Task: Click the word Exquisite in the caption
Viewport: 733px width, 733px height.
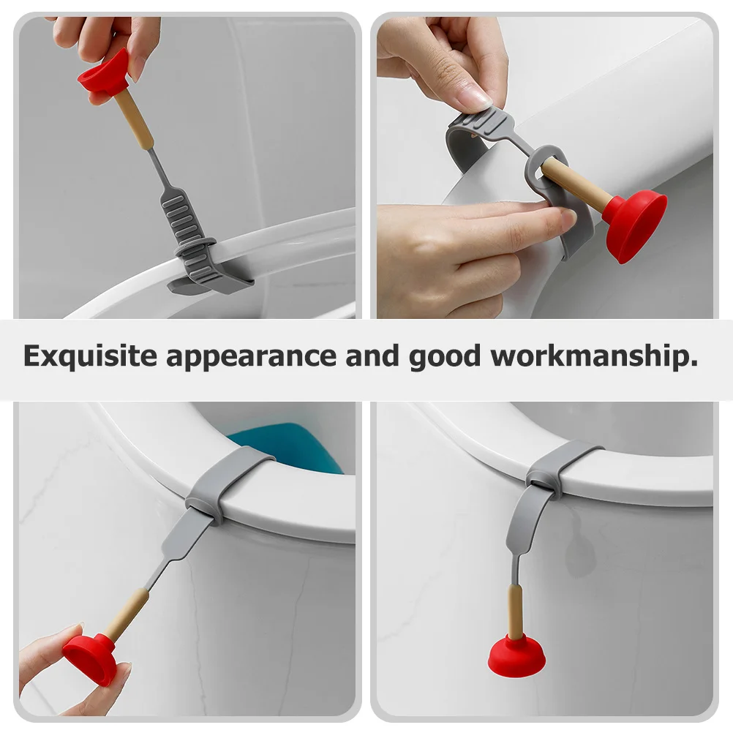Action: pyautogui.click(x=90, y=356)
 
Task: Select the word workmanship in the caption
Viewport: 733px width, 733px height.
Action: pyautogui.click(x=594, y=356)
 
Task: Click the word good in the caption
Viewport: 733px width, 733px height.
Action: pyautogui.click(x=445, y=358)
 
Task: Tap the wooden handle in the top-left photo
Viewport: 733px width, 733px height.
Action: pyautogui.click(x=135, y=120)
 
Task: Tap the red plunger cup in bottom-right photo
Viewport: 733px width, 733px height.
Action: pyautogui.click(x=516, y=654)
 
